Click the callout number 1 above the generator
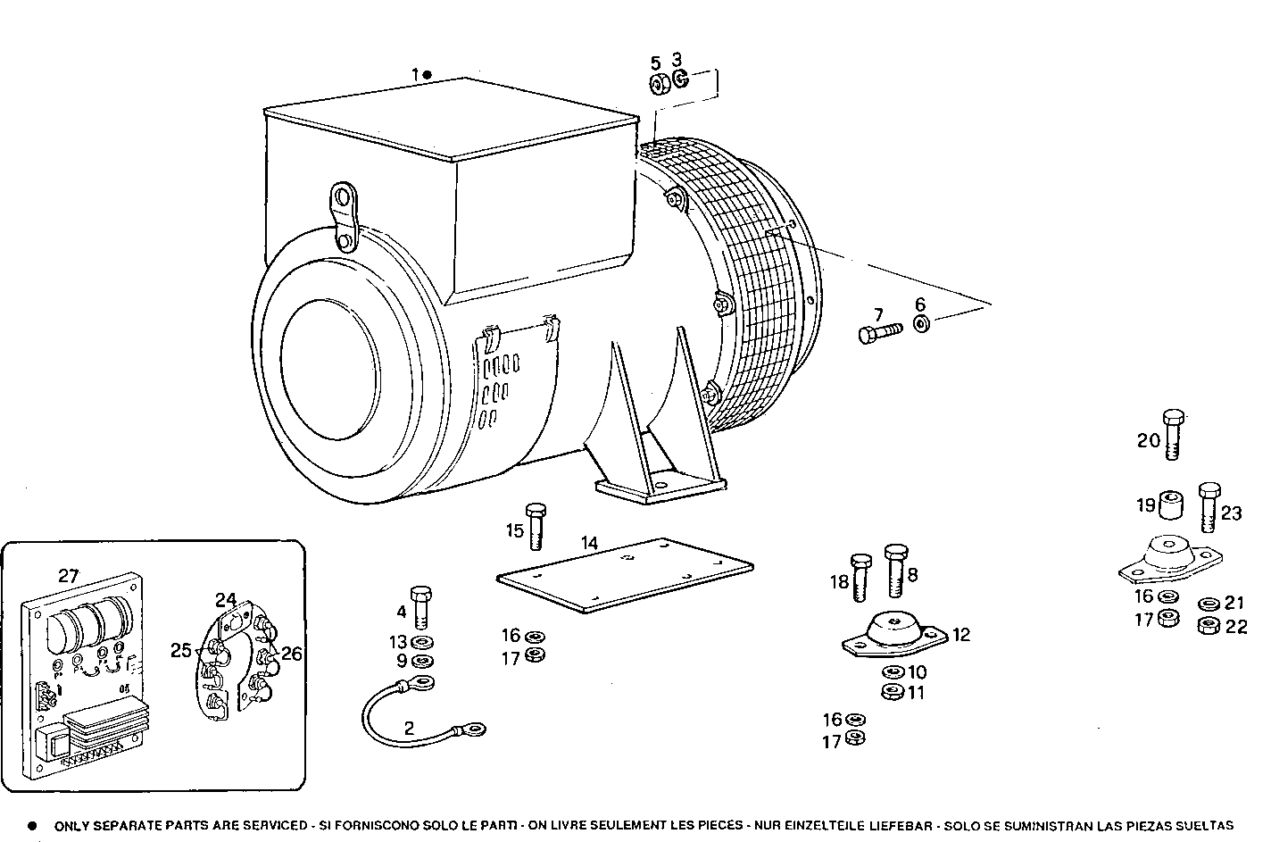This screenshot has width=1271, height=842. point(414,74)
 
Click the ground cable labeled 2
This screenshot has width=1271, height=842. point(420,710)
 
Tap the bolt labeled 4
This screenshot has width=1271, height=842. point(421,606)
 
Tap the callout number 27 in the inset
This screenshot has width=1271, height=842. point(69,576)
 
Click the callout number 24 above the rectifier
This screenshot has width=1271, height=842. point(225,599)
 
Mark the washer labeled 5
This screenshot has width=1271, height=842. point(657,84)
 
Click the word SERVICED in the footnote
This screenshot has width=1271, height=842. point(274,826)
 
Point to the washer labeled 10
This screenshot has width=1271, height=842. point(891,671)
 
